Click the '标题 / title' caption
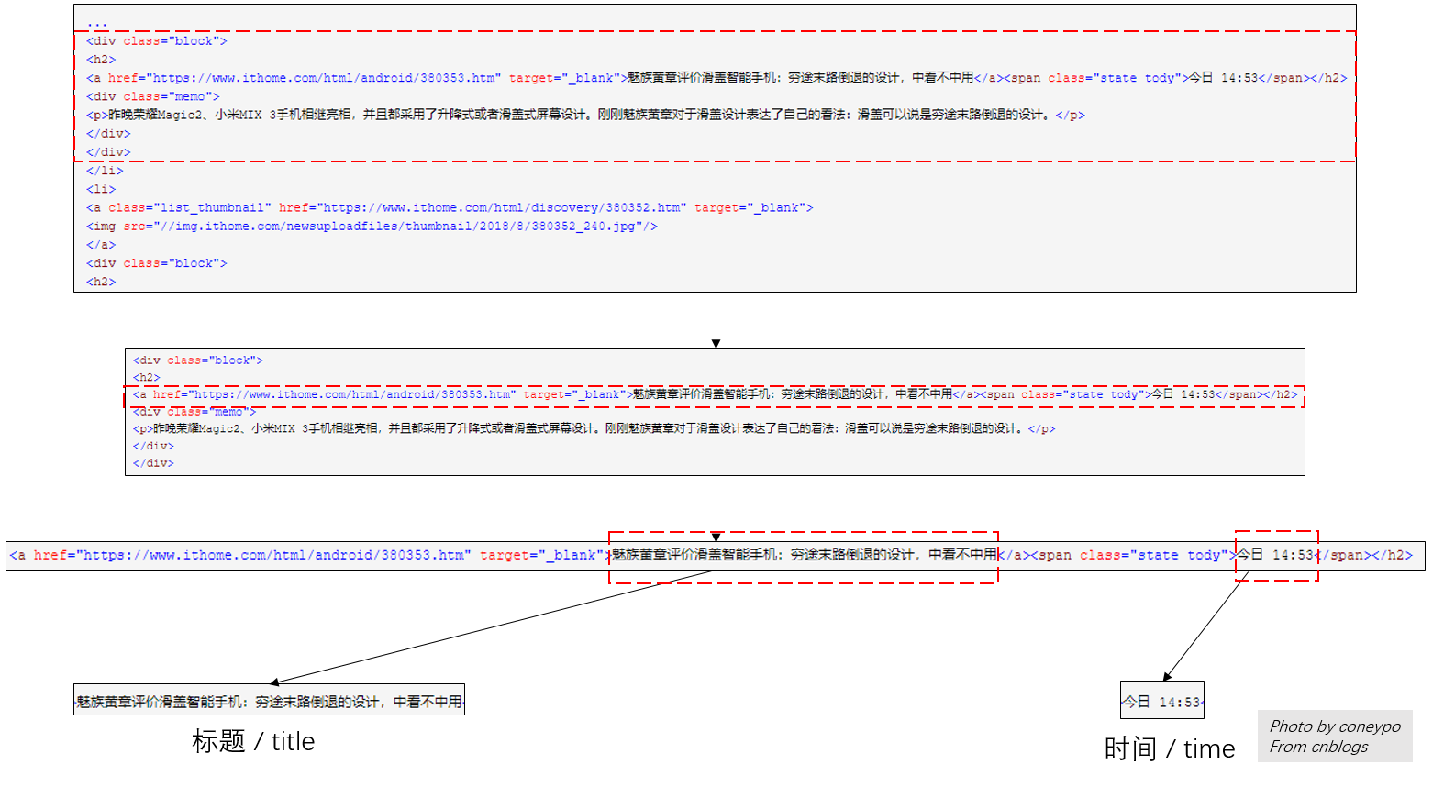coord(253,741)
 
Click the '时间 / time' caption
coord(1170,748)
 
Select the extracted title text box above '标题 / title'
coord(269,701)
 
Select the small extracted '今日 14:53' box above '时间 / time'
coord(1161,702)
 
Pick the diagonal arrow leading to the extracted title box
coord(495,627)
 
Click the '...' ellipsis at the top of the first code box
coord(97,22)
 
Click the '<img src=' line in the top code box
coord(372,227)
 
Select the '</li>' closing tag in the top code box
coord(105,171)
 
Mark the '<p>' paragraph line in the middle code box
coord(594,428)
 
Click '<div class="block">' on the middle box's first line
coord(197,360)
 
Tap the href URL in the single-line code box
coord(273,555)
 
